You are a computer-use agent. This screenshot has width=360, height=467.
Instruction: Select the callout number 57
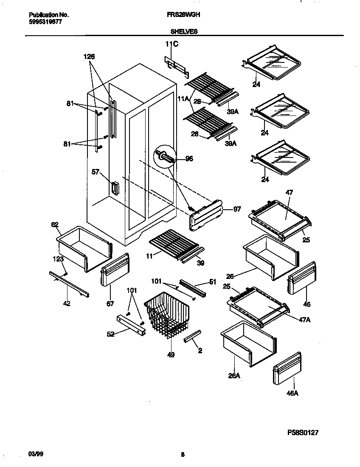point(96,172)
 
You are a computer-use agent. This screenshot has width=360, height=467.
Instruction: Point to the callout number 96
point(189,159)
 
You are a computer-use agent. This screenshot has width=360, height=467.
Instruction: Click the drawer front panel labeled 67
point(115,271)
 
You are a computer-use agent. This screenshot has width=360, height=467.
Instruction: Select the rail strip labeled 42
point(69,284)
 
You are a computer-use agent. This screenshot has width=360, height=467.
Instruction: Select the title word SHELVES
point(184,31)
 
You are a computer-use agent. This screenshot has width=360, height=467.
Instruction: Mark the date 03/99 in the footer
point(35,454)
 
